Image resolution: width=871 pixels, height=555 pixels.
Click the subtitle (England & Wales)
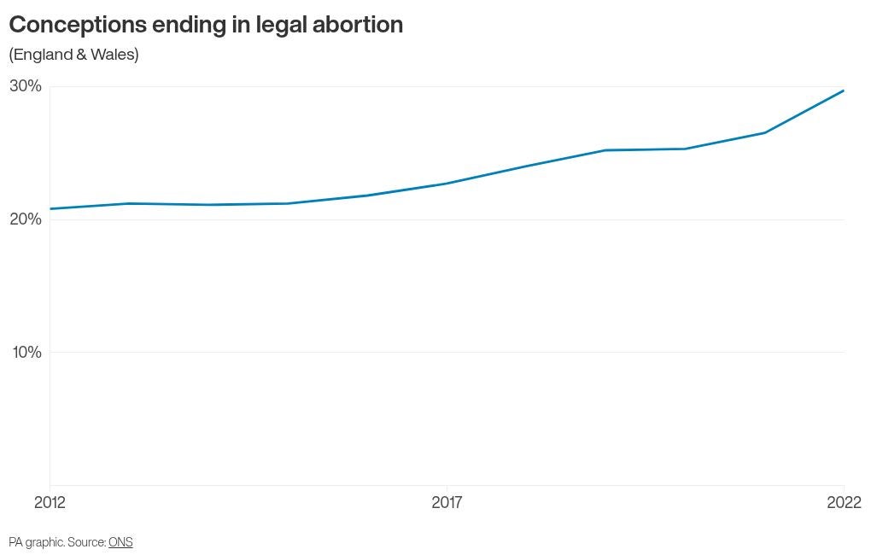[x=73, y=55]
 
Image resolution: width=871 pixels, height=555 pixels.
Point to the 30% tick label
[x=26, y=86]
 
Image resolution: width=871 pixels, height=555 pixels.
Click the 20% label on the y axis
[x=26, y=219]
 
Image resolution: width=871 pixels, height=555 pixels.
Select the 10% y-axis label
[x=26, y=353]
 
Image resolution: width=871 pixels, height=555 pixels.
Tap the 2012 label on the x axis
[x=50, y=503]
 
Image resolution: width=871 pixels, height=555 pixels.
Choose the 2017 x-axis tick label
[x=447, y=503]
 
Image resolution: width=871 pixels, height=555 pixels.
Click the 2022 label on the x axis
[x=844, y=503]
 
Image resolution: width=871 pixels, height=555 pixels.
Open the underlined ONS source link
[x=120, y=542]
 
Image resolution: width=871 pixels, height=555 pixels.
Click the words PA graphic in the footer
[x=36, y=542]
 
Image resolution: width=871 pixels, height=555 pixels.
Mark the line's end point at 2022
[x=844, y=91]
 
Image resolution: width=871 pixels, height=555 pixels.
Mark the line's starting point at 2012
[x=50, y=208]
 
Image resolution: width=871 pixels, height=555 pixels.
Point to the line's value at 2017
[x=447, y=184]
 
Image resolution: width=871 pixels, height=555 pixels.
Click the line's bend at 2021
[x=764, y=132]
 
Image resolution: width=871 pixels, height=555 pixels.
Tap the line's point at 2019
[x=605, y=150]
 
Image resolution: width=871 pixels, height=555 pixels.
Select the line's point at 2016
[x=367, y=196]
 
